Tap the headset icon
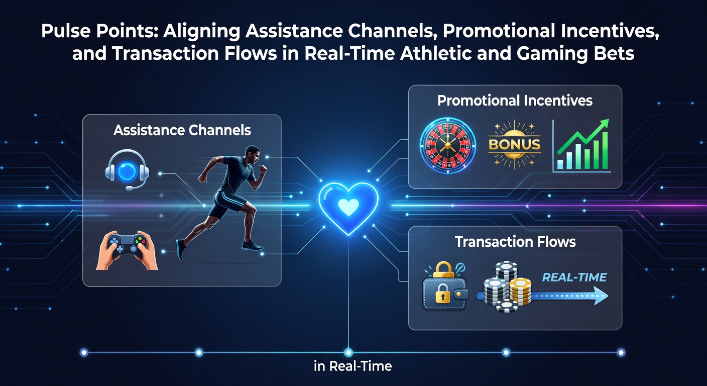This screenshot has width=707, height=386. (127, 170)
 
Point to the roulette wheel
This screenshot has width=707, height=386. (447, 146)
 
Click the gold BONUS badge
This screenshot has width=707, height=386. (514, 145)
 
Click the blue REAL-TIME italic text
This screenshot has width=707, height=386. (574, 277)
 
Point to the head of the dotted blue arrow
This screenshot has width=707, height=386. (601, 296)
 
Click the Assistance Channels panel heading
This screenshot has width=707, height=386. (182, 130)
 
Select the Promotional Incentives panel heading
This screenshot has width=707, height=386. (515, 101)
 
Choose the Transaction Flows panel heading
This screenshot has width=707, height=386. (515, 242)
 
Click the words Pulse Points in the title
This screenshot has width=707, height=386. (99, 31)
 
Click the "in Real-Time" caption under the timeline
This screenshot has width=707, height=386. (353, 366)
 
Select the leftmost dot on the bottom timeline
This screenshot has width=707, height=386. (84, 352)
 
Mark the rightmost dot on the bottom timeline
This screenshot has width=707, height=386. (621, 352)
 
